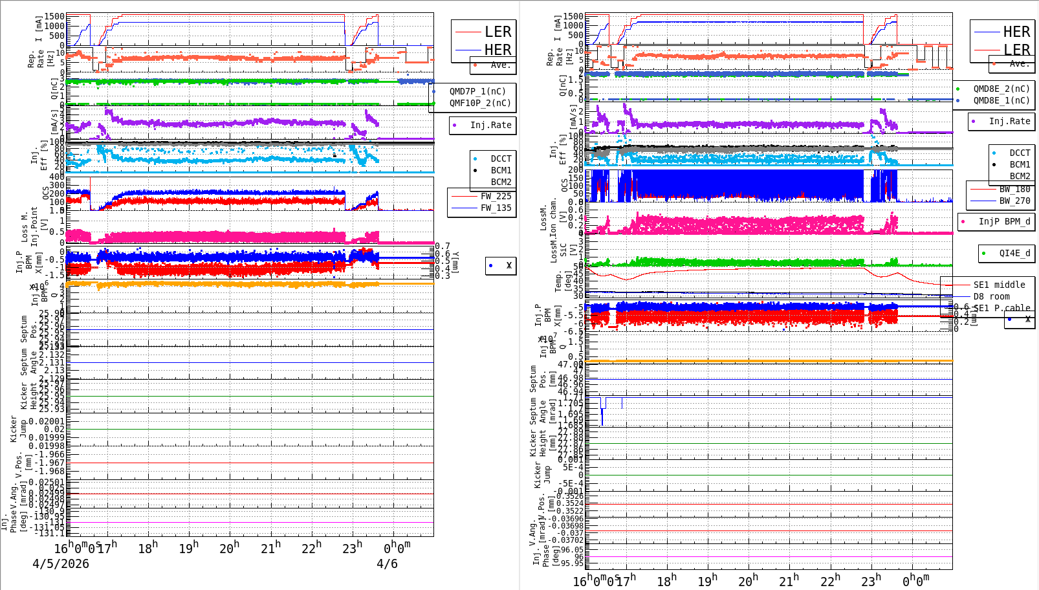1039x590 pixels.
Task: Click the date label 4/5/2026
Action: (x=61, y=563)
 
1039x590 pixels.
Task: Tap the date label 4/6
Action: (x=387, y=563)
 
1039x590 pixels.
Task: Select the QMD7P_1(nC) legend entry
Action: (x=477, y=91)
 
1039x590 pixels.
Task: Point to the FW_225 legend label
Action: (x=496, y=196)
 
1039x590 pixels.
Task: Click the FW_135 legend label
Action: (x=496, y=208)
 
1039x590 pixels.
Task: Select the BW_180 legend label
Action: (x=1014, y=189)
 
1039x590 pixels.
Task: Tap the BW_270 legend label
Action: (x=1014, y=201)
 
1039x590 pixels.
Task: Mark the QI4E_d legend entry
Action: (x=1014, y=253)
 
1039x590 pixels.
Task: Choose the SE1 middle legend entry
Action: (x=999, y=285)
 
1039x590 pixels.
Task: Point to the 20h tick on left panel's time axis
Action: (x=229, y=549)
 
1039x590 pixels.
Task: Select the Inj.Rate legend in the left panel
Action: (x=490, y=125)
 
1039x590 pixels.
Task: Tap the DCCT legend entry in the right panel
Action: (x=1020, y=153)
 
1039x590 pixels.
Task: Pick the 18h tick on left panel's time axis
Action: (x=148, y=549)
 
